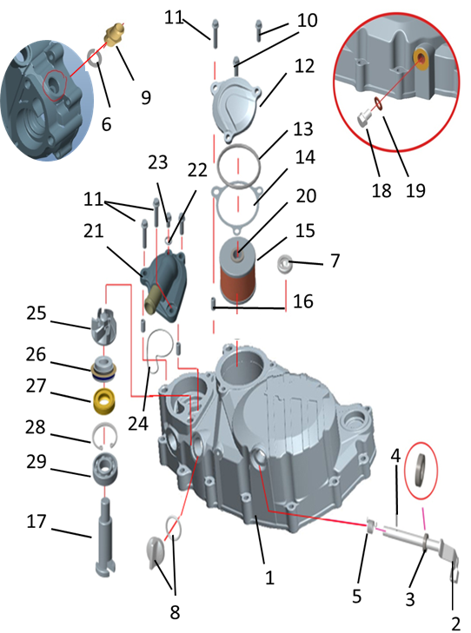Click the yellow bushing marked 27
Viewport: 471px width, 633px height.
point(104,400)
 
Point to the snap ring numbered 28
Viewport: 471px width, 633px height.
point(104,434)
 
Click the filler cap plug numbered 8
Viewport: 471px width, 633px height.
point(156,551)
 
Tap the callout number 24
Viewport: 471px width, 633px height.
point(138,423)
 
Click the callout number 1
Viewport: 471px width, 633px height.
point(269,577)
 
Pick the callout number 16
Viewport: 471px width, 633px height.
point(303,300)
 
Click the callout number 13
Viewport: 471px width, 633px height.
point(303,129)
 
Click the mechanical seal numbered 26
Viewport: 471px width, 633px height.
point(104,368)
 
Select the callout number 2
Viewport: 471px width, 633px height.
point(455,623)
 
